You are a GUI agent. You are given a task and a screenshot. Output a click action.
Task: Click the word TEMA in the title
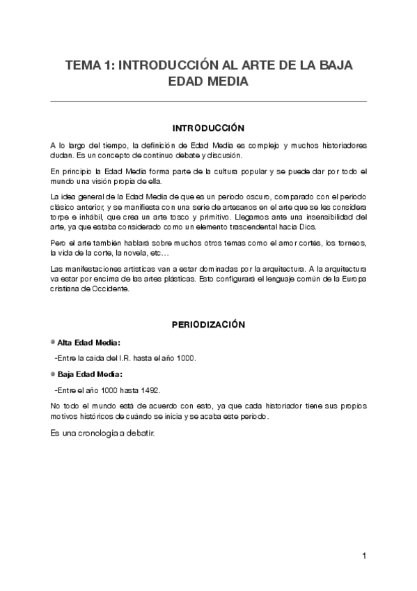82,66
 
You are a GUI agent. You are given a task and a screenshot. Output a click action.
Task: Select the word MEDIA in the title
226,82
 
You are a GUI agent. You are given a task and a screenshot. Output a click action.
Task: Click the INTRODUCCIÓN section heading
208,128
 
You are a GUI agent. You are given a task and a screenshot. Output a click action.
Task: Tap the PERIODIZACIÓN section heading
208,325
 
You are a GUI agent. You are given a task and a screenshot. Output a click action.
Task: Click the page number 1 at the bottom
364,556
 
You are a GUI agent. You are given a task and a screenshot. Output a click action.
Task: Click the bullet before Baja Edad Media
53,374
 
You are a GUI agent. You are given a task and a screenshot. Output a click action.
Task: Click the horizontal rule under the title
208,102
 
